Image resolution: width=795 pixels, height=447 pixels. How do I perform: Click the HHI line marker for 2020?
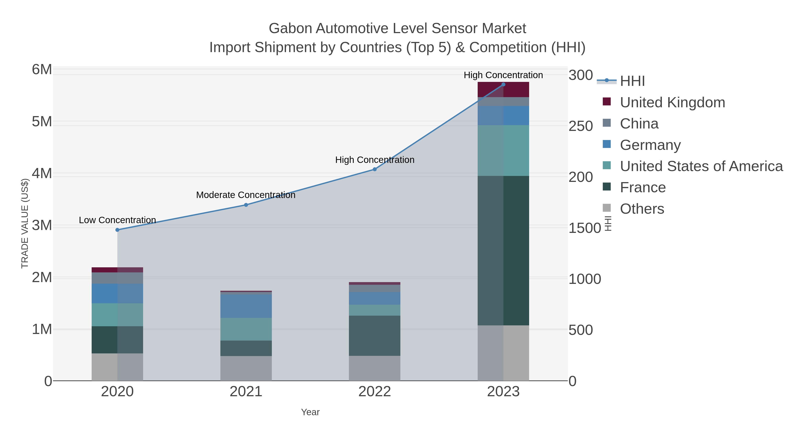point(117,230)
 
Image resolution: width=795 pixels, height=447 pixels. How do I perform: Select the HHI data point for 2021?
point(246,205)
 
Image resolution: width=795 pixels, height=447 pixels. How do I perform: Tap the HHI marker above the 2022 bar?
point(375,169)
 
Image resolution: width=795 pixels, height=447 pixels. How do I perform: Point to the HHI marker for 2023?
point(503,84)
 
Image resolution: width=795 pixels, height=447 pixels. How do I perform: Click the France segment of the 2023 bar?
point(503,251)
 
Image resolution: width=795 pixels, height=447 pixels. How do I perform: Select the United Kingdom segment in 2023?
point(503,89)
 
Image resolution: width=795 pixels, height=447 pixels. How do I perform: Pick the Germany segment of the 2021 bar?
point(246,306)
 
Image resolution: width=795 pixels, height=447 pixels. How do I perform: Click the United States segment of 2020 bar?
point(117,315)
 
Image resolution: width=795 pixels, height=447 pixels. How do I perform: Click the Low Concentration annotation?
point(117,220)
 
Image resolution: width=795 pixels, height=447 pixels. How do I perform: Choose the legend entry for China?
point(639,124)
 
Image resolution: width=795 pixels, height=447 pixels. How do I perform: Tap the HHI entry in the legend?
point(632,81)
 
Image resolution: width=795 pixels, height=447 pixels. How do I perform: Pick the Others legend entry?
point(642,209)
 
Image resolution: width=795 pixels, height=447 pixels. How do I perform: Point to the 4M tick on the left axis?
point(42,174)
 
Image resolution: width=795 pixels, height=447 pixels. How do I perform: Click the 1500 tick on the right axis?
point(585,228)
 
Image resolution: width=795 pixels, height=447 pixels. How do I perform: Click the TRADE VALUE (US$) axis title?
point(25,223)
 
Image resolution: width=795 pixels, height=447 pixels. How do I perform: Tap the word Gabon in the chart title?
point(290,28)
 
